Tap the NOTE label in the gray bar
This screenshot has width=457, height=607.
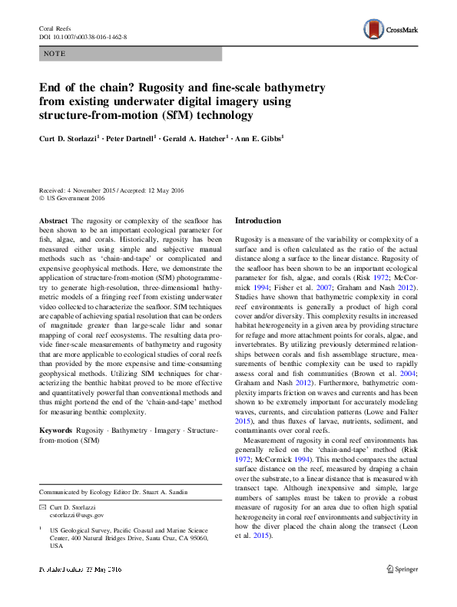click(55, 54)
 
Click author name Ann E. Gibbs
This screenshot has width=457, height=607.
click(261, 139)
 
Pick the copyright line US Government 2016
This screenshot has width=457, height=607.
click(75, 198)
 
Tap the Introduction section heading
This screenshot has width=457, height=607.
click(257, 221)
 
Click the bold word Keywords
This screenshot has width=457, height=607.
click(57, 431)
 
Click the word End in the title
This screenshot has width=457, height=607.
click(51, 88)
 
